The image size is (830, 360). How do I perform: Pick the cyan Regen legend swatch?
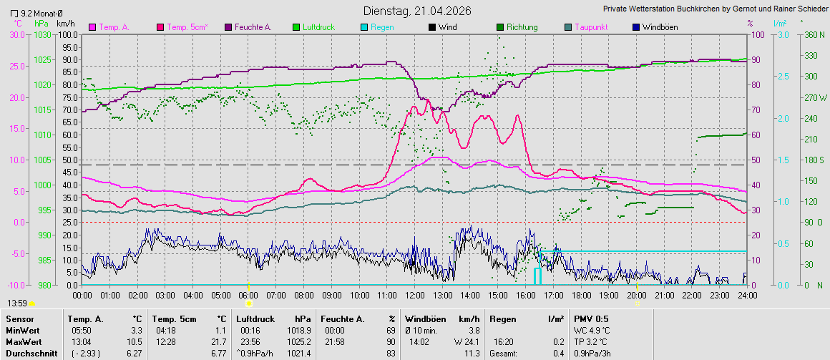coord(363,27)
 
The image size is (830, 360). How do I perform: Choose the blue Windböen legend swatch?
coord(637,27)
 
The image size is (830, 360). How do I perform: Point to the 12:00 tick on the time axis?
coord(414,295)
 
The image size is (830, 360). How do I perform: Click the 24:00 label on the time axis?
coord(747,295)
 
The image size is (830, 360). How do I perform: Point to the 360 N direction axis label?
coord(812,34)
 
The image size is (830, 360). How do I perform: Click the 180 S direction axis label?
coord(813,160)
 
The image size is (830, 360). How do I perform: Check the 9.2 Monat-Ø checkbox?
coord(14,14)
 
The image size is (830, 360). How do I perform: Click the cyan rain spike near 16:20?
coord(537,276)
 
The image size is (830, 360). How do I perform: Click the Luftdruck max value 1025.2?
coord(298,342)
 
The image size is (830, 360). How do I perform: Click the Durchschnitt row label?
coord(27,354)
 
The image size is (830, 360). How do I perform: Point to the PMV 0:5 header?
coord(591,318)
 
